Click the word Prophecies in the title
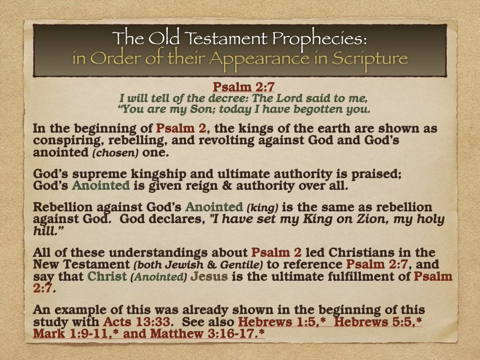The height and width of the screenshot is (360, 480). (x=322, y=38)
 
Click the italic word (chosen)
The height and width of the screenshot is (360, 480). (x=111, y=152)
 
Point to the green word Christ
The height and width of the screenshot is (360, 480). (x=107, y=276)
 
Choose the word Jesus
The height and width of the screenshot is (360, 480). (x=209, y=276)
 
